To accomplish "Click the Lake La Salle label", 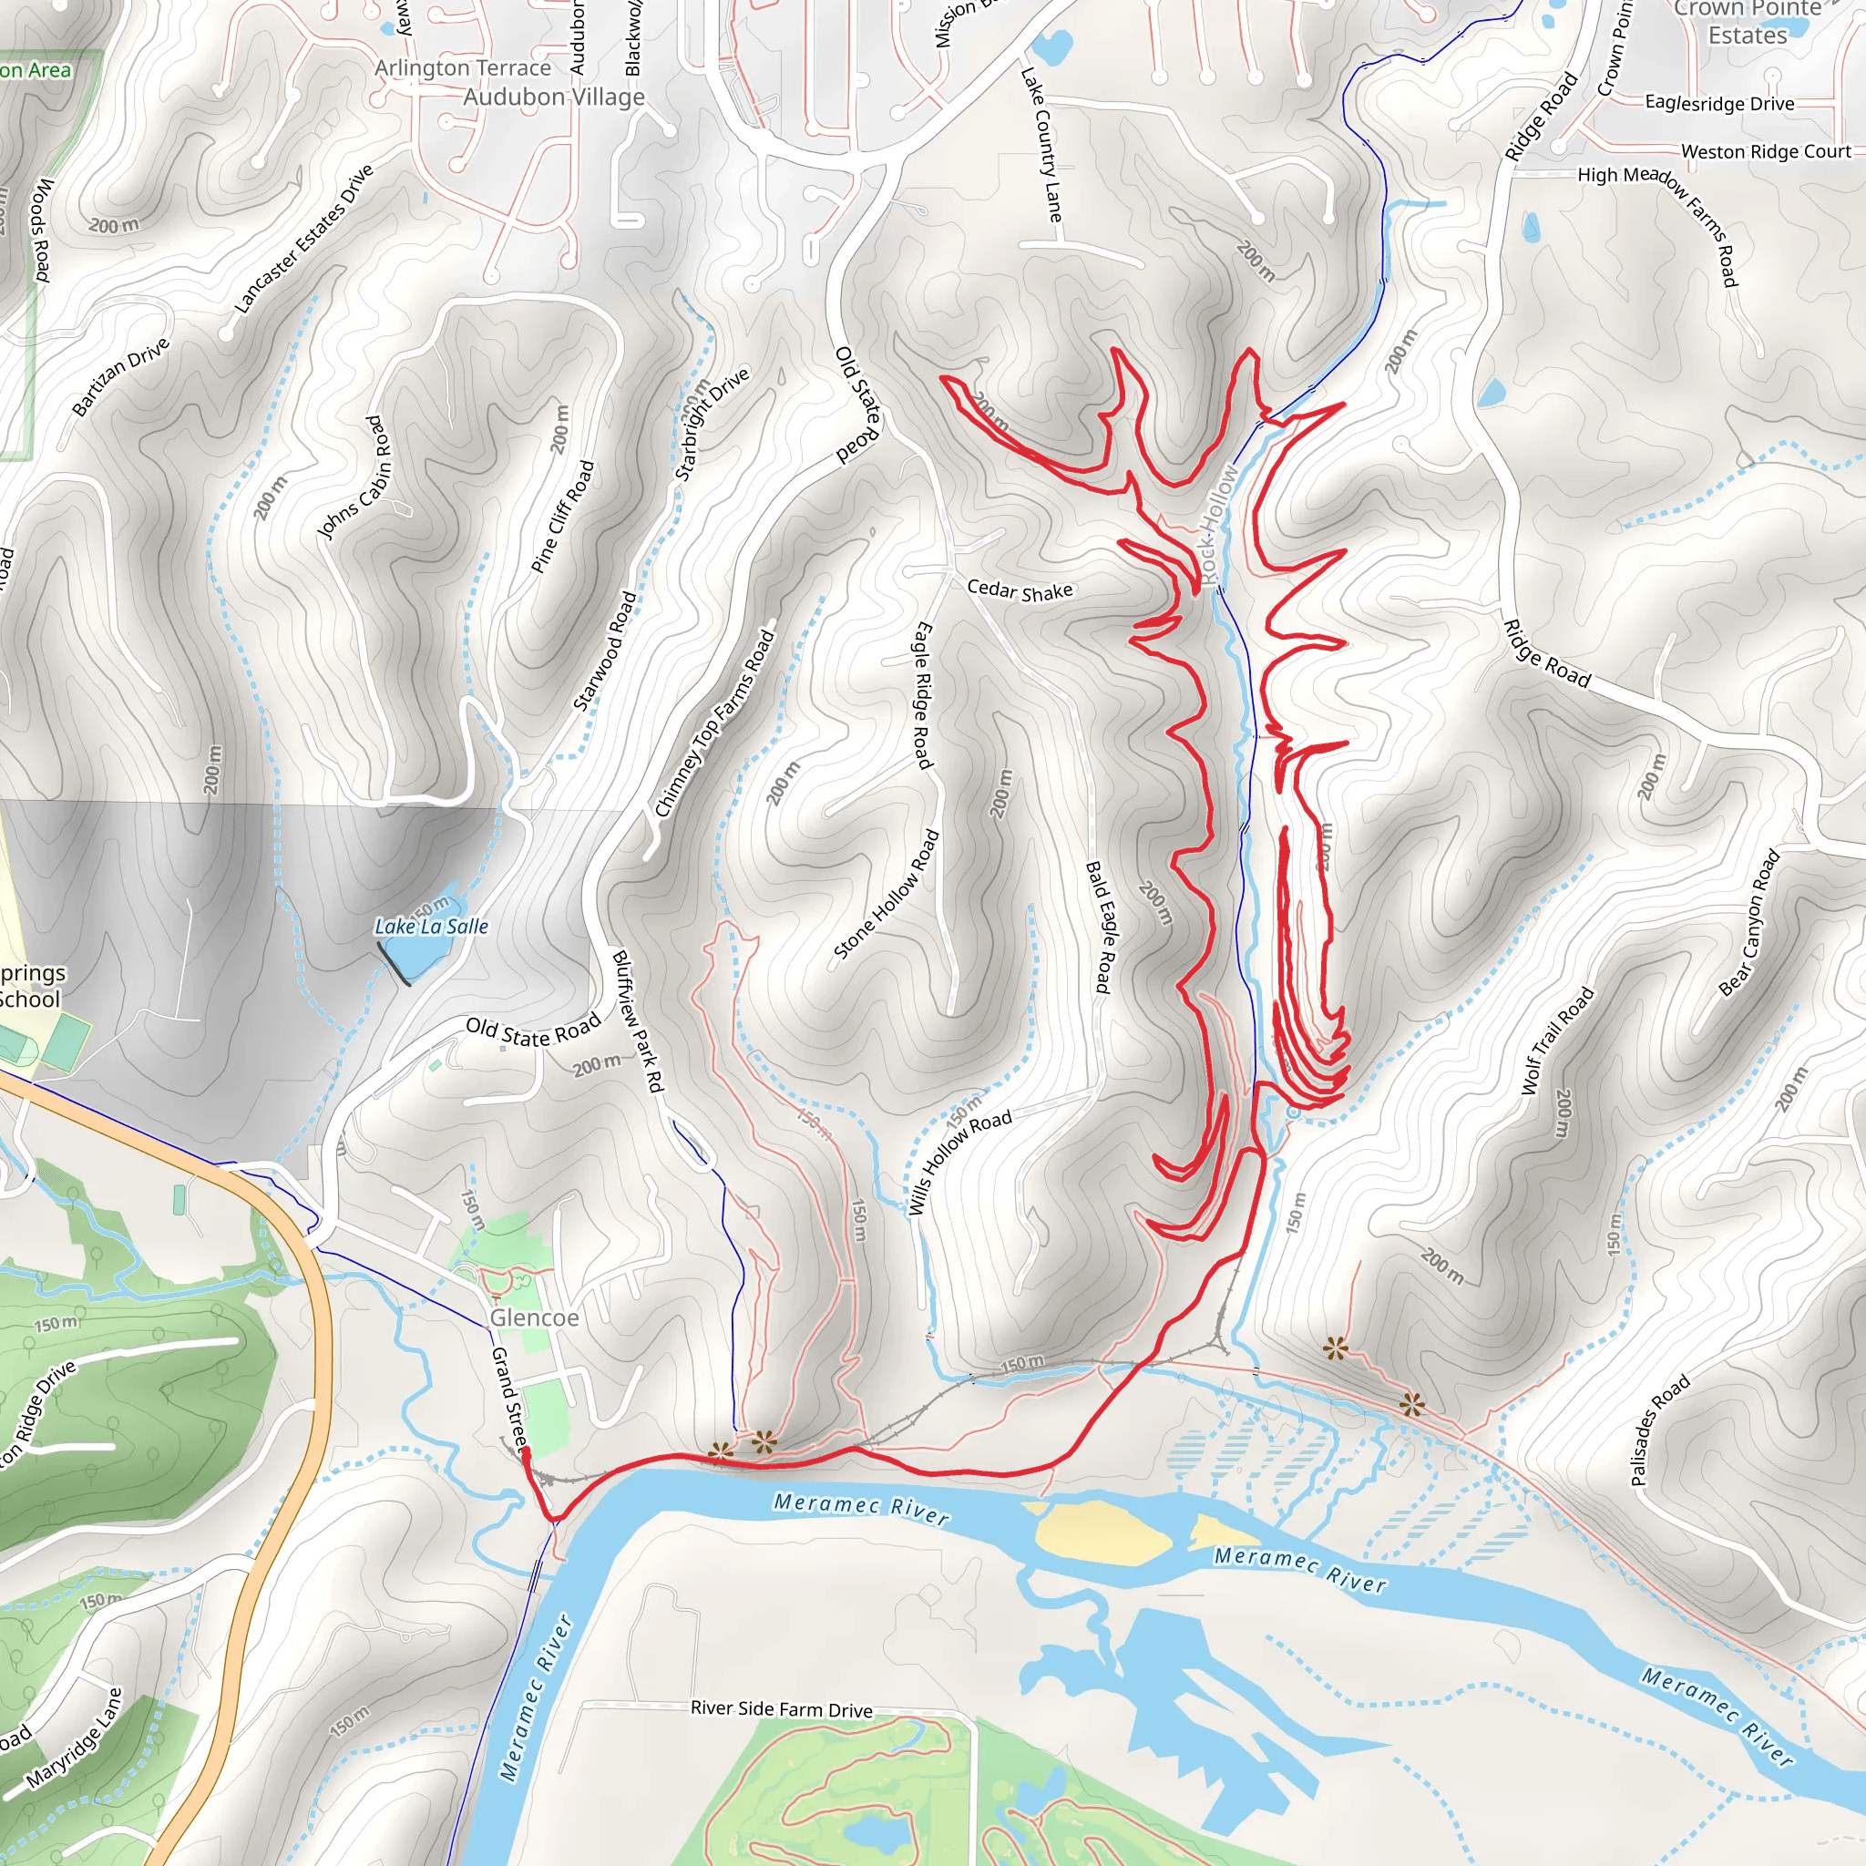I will click(x=431, y=927).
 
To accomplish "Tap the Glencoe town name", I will click(x=534, y=1317).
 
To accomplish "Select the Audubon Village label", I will click(x=553, y=97).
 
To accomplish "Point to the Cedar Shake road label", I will click(x=1019, y=590).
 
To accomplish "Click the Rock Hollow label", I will click(x=1217, y=524).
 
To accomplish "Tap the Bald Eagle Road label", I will click(x=1099, y=927).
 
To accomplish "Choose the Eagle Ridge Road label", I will click(x=923, y=695).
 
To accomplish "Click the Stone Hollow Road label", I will click(x=886, y=895).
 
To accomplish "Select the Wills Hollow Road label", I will click(x=959, y=1161).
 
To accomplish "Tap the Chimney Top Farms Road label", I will click(x=714, y=723).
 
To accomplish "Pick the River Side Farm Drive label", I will click(x=782, y=1708).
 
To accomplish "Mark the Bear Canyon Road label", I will click(x=1749, y=922).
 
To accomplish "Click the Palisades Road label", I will click(x=1660, y=1429).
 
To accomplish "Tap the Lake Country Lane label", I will click(x=1042, y=144).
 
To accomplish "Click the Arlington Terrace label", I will click(x=463, y=67).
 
